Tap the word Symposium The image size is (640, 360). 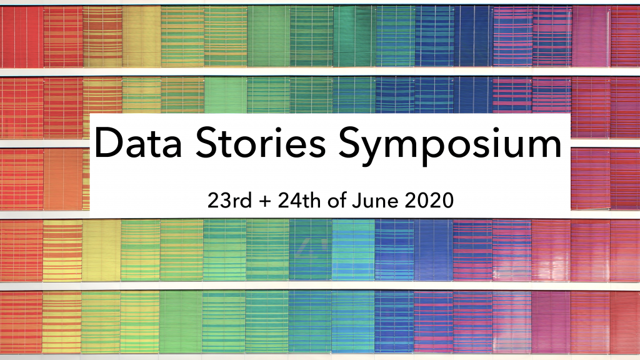point(450,145)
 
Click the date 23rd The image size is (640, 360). point(229,201)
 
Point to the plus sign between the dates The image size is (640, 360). point(264,201)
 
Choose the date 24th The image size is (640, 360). point(299,201)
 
